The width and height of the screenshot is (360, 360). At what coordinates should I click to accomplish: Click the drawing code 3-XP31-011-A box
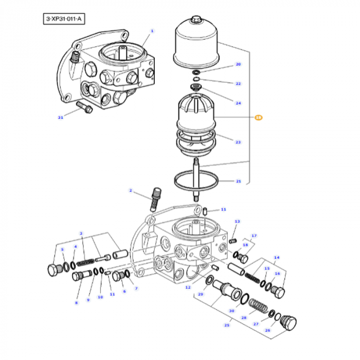(x=64, y=19)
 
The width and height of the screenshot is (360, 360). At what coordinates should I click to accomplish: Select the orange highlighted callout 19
(x=259, y=118)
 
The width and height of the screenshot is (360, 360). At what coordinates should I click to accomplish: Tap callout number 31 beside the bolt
(x=60, y=118)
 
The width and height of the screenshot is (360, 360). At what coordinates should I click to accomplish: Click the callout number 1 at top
(x=152, y=31)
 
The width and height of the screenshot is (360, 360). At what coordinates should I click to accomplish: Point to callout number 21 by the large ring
(x=239, y=181)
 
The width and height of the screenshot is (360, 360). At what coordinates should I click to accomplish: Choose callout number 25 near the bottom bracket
(x=227, y=325)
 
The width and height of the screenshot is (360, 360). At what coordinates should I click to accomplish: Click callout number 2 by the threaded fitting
(x=131, y=190)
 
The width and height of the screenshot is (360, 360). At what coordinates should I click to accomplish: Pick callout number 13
(x=237, y=221)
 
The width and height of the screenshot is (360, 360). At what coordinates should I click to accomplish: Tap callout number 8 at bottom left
(x=77, y=303)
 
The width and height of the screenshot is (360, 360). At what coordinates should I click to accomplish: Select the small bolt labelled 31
(x=84, y=107)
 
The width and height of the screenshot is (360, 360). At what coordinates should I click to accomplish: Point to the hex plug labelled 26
(x=289, y=323)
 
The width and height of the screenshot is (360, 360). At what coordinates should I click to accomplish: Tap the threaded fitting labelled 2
(x=155, y=200)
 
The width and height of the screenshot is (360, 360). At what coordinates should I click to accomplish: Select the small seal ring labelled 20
(x=196, y=73)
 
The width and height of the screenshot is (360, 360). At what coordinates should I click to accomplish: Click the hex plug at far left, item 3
(x=56, y=269)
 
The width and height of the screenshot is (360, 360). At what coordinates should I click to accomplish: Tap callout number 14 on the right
(x=277, y=258)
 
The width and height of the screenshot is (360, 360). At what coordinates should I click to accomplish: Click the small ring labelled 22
(x=196, y=79)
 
